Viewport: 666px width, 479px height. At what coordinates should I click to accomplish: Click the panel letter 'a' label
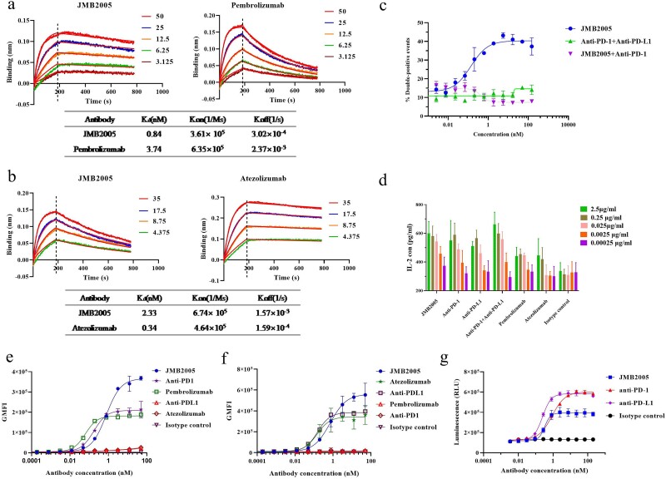click(x=6, y=6)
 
